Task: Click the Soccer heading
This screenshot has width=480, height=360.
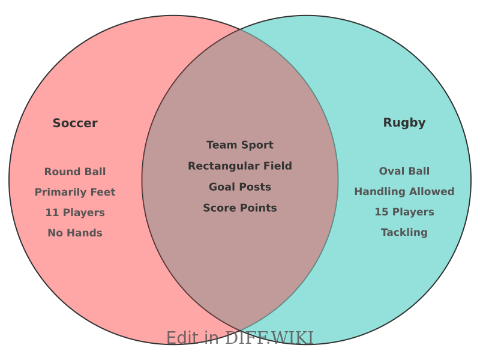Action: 75,124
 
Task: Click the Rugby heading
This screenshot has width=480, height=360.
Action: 404,123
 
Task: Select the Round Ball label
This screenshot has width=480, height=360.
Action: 75,172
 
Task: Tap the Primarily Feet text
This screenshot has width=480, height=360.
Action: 75,192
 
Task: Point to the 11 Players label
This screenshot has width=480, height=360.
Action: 75,212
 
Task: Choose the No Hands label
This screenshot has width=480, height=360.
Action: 75,233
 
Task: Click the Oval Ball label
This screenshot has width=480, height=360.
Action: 404,171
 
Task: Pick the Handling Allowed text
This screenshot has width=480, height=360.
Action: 404,191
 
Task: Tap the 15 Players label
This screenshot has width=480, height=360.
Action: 404,212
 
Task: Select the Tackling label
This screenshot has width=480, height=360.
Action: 404,232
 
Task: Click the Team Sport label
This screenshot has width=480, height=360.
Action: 240,145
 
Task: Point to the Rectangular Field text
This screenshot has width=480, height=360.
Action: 240,166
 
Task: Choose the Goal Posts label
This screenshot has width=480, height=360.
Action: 240,187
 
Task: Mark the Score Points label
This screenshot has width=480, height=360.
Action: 240,208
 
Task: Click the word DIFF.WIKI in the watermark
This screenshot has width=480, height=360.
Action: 269,338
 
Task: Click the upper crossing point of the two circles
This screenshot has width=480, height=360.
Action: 240,29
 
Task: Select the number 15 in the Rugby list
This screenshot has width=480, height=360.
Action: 381,212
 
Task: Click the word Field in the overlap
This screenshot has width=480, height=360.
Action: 275,166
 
